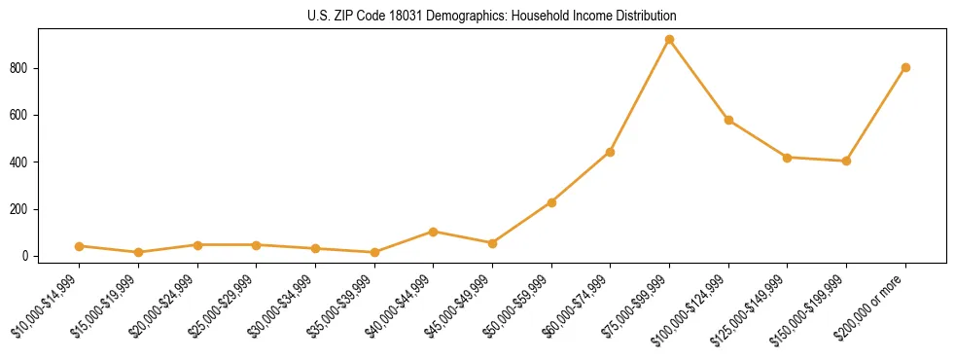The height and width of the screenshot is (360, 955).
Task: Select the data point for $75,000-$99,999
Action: (669, 40)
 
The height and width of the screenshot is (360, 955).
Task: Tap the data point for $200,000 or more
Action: (905, 67)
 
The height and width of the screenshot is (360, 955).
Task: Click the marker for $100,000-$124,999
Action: (728, 120)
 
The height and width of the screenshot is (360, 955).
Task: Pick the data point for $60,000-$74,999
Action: (610, 152)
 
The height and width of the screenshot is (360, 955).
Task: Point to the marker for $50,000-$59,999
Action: (551, 202)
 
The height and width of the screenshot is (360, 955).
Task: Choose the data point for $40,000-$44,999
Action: (433, 232)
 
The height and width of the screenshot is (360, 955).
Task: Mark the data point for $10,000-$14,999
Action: (79, 246)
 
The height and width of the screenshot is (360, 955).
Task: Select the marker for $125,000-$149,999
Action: (787, 157)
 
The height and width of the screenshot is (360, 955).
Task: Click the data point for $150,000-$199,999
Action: (846, 161)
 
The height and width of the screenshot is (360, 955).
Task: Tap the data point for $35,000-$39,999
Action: (374, 252)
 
